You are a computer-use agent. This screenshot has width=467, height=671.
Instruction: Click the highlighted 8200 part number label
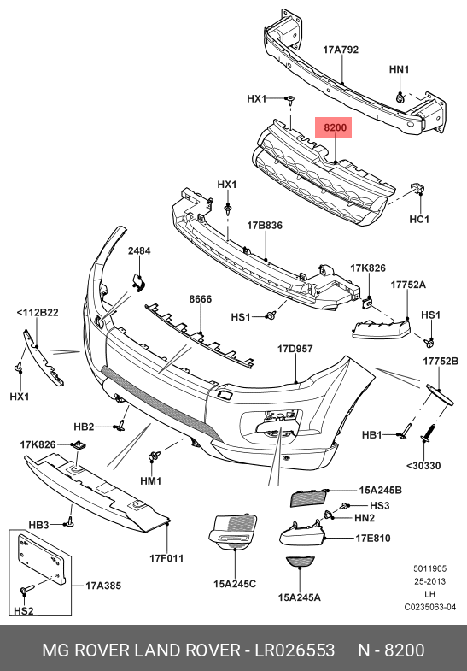335,128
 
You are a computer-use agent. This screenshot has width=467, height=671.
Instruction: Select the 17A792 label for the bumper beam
340,50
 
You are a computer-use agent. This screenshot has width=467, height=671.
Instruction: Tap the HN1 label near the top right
400,69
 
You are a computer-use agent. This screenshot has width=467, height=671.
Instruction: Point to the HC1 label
419,220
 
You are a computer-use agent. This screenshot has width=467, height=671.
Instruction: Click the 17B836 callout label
265,226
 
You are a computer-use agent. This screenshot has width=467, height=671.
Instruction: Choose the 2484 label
139,251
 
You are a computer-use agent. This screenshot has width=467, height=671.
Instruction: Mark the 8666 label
201,299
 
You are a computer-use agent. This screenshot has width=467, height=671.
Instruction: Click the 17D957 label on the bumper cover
295,349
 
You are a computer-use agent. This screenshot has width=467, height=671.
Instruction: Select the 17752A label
408,284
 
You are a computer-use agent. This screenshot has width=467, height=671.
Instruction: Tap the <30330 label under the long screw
425,466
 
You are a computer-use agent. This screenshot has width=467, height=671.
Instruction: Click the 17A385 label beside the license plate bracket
103,586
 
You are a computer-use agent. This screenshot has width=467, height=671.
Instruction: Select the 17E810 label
372,538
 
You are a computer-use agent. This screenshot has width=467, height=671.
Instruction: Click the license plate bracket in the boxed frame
41,562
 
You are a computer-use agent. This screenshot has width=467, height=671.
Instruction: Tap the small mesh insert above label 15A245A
300,562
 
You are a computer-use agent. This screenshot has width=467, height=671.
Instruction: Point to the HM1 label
151,481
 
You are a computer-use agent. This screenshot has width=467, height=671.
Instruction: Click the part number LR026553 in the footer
295,650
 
